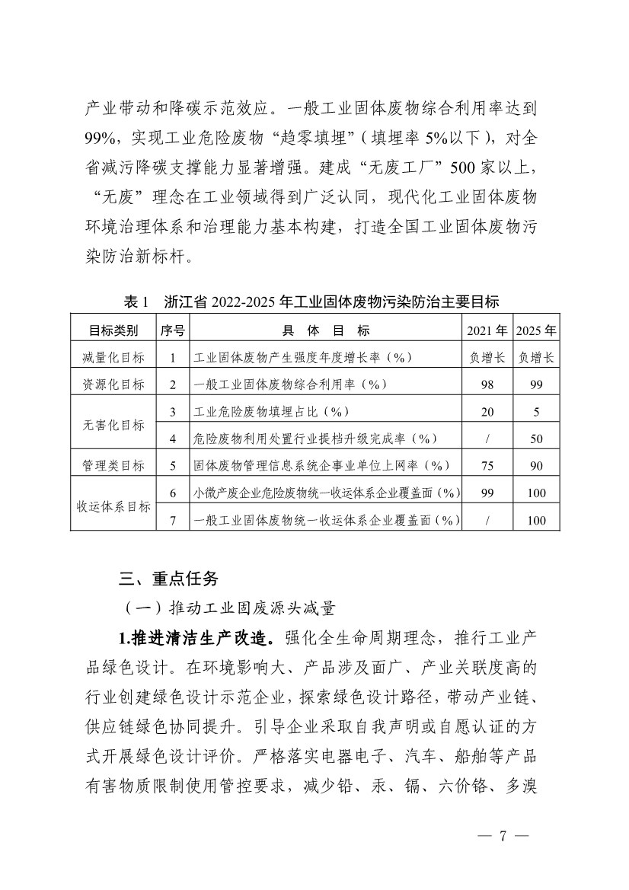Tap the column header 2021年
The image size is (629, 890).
click(x=487, y=330)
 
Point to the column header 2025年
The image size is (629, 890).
click(x=536, y=330)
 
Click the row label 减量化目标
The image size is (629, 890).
click(x=114, y=357)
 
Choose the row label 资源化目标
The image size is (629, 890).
click(x=114, y=384)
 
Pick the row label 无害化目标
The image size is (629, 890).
click(x=114, y=425)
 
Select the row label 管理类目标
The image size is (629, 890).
click(x=114, y=465)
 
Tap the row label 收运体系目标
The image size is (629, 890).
click(x=114, y=506)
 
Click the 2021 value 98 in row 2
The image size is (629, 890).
click(x=487, y=384)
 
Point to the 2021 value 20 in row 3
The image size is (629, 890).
click(x=487, y=412)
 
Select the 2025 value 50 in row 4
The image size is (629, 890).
click(x=536, y=439)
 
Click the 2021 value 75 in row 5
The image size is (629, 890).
click(x=487, y=465)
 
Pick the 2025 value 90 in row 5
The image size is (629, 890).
click(x=536, y=465)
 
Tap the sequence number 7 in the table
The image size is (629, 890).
click(x=174, y=520)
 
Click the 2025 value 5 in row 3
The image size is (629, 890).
click(x=536, y=412)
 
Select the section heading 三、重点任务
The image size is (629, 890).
click(x=168, y=579)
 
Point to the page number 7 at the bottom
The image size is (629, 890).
click(x=502, y=836)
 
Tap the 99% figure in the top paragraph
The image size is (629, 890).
click(x=101, y=138)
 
